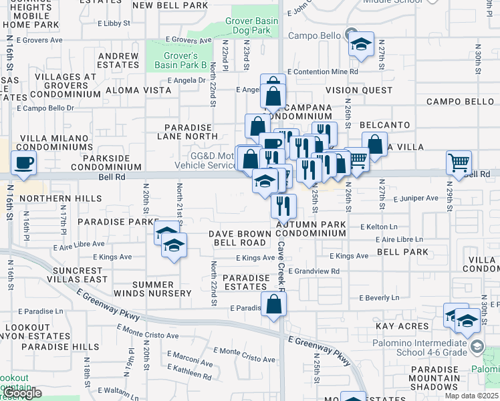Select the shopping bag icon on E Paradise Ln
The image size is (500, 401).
(274, 304)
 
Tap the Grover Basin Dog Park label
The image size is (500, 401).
(252, 25)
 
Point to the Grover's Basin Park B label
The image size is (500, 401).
(180, 60)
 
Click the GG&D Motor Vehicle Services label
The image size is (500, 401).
(205, 160)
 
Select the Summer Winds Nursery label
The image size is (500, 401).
(162, 289)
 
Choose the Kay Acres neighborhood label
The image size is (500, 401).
(401, 326)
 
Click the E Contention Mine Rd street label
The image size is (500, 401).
(323, 72)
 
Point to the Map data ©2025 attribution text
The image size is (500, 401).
(472, 396)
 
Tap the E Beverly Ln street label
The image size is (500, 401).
(379, 297)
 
